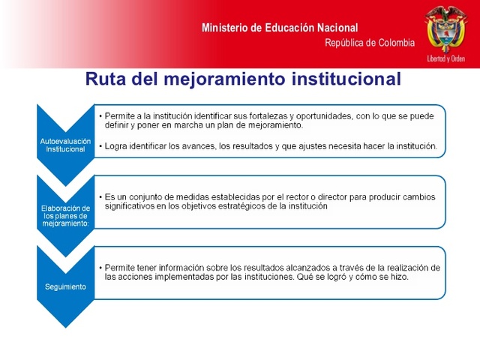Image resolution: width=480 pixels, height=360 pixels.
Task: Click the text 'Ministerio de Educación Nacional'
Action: [x=280, y=28]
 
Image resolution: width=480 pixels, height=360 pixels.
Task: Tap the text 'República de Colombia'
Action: [x=369, y=43]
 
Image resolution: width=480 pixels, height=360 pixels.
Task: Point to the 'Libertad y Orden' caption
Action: [x=445, y=58]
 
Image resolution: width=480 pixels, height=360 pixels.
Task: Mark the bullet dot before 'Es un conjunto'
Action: [x=100, y=196]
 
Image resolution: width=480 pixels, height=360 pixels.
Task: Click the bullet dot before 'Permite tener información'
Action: [x=100, y=267]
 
